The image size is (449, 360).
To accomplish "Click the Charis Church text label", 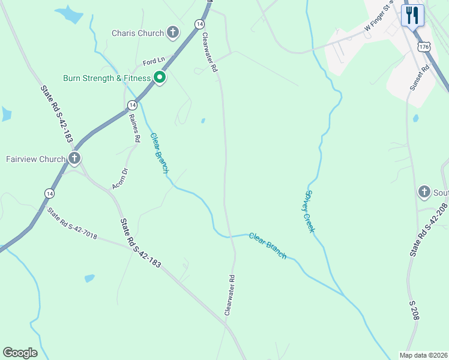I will (137, 33).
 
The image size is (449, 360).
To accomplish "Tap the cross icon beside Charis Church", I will (173, 32).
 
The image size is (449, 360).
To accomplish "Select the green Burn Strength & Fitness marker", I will (160, 77).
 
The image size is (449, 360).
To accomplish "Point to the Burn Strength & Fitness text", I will (106, 78).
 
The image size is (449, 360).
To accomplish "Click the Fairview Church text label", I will (35, 159).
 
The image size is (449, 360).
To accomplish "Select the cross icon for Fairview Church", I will (74, 159).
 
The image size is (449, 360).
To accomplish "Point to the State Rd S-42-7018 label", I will (73, 224).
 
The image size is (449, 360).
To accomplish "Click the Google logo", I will (20, 353).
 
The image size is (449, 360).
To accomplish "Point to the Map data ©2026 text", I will (424, 355).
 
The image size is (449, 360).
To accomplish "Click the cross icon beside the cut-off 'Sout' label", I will (424, 192).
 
